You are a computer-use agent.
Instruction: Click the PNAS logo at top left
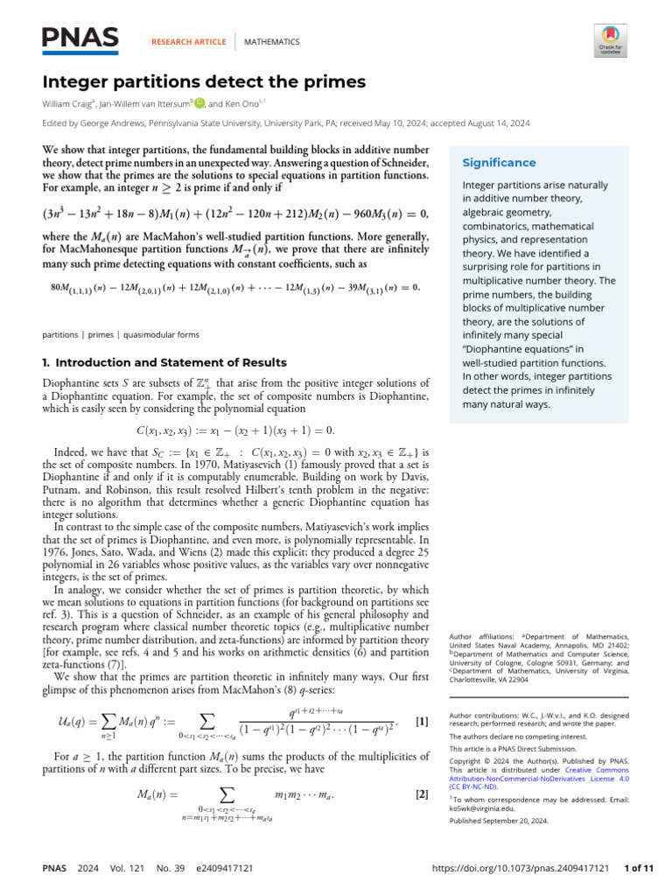[81, 38]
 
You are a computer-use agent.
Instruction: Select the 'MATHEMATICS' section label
[271, 42]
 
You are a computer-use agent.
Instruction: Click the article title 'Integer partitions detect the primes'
[204, 83]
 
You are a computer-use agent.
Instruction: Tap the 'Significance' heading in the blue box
[499, 163]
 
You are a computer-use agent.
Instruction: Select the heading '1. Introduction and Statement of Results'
[164, 362]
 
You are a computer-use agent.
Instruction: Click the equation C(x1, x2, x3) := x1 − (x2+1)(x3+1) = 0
[236, 430]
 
